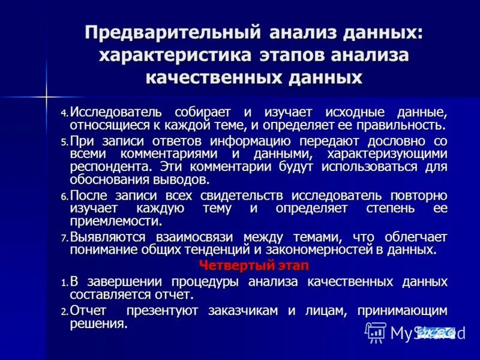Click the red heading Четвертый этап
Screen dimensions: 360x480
[x=253, y=266]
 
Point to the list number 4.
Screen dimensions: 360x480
[x=64, y=113]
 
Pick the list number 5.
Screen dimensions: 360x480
[x=64, y=142]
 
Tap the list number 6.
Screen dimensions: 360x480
[x=64, y=197]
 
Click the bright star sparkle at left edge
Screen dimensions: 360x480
[x=46, y=95]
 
